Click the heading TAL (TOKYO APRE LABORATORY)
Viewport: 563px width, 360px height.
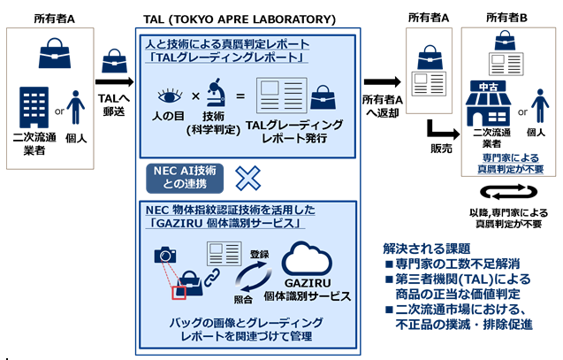240,19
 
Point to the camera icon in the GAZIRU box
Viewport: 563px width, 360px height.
165,256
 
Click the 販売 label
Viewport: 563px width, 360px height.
442,147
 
